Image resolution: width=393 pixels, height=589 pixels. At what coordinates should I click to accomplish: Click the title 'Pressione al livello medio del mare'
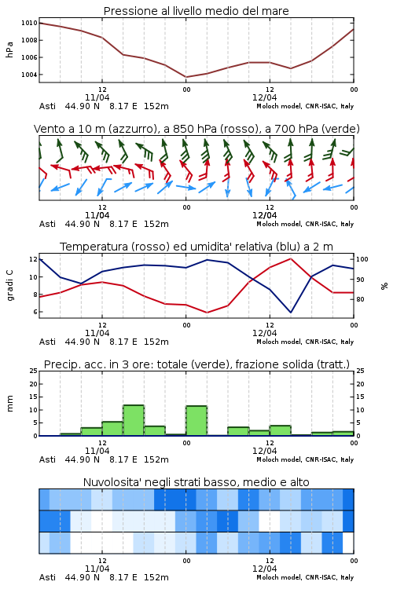[196, 11]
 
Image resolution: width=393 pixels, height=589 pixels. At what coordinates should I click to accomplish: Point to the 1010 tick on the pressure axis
[29, 23]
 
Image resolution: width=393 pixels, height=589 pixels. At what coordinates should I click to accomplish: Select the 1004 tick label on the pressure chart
[29, 75]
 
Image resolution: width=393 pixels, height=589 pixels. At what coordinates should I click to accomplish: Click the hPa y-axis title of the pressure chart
[9, 49]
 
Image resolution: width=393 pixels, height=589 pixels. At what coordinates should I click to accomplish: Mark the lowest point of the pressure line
[185, 77]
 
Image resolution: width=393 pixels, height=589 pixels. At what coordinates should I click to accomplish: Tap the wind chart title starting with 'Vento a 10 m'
[196, 129]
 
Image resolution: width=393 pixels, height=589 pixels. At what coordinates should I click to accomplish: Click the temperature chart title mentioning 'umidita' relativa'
[196, 247]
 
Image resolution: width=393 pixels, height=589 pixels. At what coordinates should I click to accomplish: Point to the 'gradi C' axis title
[9, 286]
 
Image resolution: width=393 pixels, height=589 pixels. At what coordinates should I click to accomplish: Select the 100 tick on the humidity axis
[362, 259]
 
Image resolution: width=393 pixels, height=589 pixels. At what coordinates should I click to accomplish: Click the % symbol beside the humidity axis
[384, 286]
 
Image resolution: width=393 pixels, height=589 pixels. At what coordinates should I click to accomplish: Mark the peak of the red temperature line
[290, 258]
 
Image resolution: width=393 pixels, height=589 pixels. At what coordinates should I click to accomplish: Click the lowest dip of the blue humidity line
[291, 312]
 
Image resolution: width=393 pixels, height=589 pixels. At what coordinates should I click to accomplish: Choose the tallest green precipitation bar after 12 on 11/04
[134, 420]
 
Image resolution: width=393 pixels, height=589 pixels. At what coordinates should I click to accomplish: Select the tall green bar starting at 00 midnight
[196, 421]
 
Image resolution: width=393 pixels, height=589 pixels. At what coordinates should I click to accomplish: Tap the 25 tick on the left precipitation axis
[34, 371]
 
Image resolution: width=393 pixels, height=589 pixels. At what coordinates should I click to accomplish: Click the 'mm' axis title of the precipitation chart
[9, 404]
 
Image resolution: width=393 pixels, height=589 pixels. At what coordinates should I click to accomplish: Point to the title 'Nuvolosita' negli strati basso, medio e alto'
[196, 482]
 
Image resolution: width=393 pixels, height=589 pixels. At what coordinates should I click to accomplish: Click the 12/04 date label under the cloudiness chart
[264, 569]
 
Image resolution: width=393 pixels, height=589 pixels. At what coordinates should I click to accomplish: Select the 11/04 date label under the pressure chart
[97, 97]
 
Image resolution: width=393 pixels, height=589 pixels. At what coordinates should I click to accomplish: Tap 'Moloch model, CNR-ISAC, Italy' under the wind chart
[305, 224]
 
